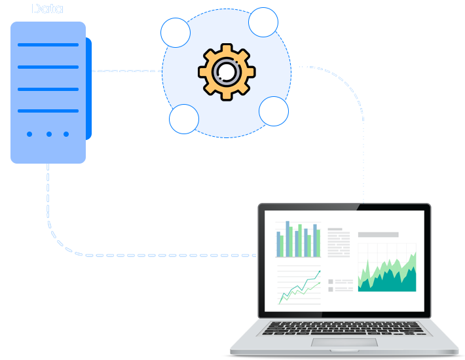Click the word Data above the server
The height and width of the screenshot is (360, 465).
pyautogui.click(x=47, y=9)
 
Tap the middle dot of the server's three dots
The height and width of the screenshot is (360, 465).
pyautogui.click(x=48, y=134)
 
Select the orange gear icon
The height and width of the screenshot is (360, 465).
pyautogui.click(x=225, y=71)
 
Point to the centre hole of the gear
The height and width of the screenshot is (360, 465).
pyautogui.click(x=226, y=71)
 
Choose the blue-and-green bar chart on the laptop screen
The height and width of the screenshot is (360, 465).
pyautogui.click(x=299, y=240)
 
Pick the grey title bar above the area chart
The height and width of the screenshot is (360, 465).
pyautogui.click(x=378, y=234)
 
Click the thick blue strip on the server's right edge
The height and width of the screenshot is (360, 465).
pyautogui.click(x=89, y=88)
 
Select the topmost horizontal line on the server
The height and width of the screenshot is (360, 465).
pyautogui.click(x=48, y=45)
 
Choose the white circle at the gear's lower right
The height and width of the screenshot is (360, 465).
pyautogui.click(x=274, y=111)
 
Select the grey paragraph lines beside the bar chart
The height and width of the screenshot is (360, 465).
pyautogui.click(x=339, y=243)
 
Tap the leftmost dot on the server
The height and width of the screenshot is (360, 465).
pyautogui.click(x=29, y=134)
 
